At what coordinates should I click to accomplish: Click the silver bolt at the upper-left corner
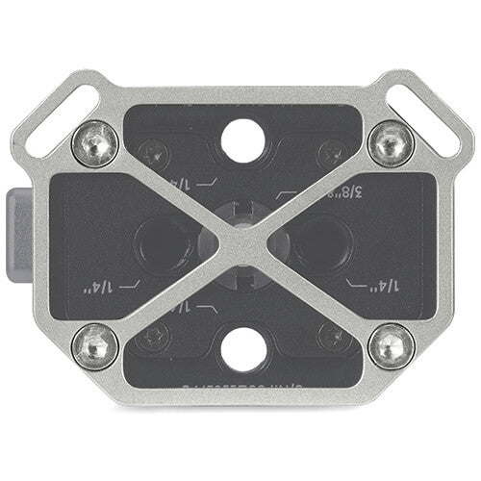[96, 142]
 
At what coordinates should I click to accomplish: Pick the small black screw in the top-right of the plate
[334, 151]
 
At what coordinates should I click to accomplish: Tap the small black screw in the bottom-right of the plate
[334, 334]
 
